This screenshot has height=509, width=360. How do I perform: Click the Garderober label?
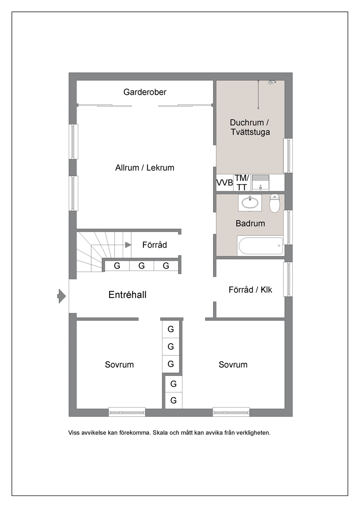click(145, 92)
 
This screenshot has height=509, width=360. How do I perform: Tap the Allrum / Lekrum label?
click(145, 168)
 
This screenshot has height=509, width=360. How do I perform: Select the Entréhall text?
click(127, 295)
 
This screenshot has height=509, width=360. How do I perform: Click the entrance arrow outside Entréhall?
click(62, 296)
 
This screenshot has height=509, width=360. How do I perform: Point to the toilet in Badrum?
click(275, 203)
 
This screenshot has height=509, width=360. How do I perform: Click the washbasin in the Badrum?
click(250, 202)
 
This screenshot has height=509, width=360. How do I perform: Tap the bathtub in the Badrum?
click(260, 246)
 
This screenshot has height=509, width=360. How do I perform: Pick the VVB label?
click(225, 182)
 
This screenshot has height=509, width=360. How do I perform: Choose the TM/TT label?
click(242, 182)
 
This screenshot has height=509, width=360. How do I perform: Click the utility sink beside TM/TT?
click(261, 183)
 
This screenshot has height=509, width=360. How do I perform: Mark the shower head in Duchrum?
click(271, 82)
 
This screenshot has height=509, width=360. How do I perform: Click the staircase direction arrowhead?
click(128, 245)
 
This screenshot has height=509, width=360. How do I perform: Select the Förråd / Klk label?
click(250, 290)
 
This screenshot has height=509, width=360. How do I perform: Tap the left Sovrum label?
click(119, 365)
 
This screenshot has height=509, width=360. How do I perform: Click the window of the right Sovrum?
click(231, 412)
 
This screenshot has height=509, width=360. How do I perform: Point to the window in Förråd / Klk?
click(288, 279)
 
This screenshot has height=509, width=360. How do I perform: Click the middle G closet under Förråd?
click(142, 266)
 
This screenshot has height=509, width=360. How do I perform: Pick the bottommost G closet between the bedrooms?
click(173, 400)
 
